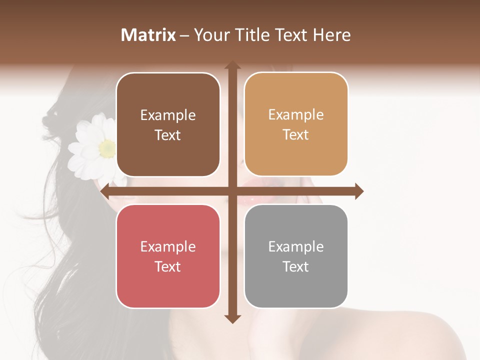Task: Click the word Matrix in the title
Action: tap(148, 35)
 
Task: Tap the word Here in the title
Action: tap(332, 35)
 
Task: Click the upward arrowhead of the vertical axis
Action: tap(232, 65)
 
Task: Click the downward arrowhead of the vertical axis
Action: tap(232, 318)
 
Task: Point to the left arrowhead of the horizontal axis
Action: tap(104, 191)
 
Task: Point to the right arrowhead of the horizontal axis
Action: tap(359, 191)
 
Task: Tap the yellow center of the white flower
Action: tap(106, 148)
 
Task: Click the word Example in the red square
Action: tap(168, 246)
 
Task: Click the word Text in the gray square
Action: tap(296, 266)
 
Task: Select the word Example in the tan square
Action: tap(296, 115)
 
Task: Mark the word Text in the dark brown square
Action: tap(168, 135)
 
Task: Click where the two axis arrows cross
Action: tap(232, 191)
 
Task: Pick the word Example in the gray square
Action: tap(296, 246)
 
